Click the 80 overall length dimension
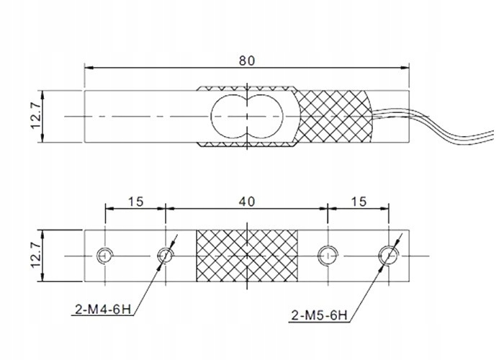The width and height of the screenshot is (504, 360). tap(246, 60)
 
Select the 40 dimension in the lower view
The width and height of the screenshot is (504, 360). tap(246, 202)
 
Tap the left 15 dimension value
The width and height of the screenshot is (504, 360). tap(135, 202)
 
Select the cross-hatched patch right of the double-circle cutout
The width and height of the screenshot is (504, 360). tap(335, 115)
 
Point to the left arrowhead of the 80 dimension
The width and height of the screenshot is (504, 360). tap(89, 69)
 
